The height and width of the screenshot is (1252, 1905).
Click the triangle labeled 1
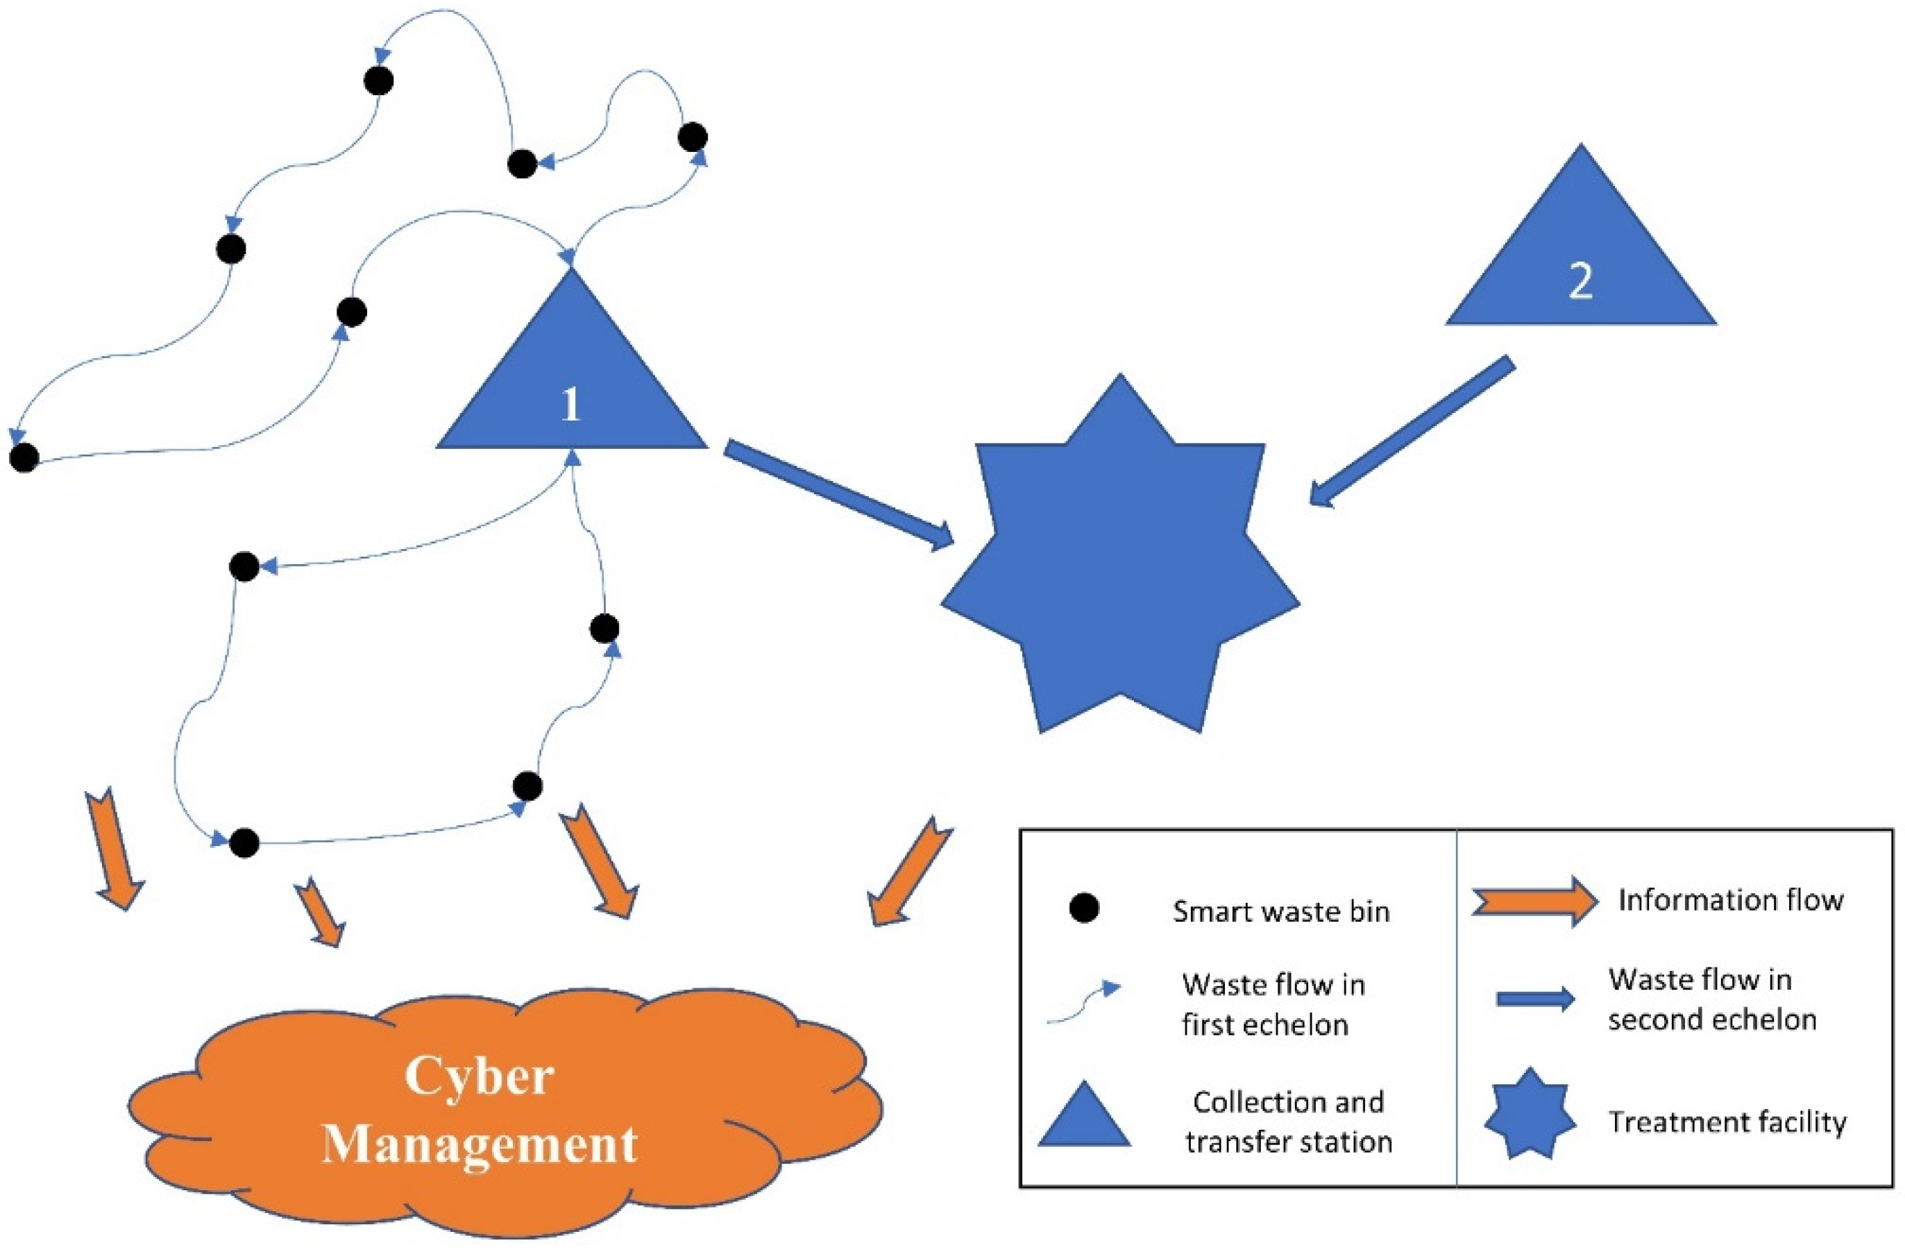[x=572, y=384]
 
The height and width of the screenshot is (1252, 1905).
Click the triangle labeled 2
[x=1580, y=264]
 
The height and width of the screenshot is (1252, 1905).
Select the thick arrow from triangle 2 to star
[x=1412, y=432]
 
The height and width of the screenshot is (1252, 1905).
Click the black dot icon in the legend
[x=1084, y=908]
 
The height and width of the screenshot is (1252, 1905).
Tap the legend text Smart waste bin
[x=1280, y=912]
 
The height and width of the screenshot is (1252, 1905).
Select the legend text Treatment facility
[x=1727, y=1122]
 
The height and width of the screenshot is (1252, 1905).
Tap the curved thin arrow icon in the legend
[x=1084, y=1003]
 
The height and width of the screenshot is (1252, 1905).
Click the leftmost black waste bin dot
[x=24, y=458]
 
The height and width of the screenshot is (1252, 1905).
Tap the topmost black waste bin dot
[x=379, y=81]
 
